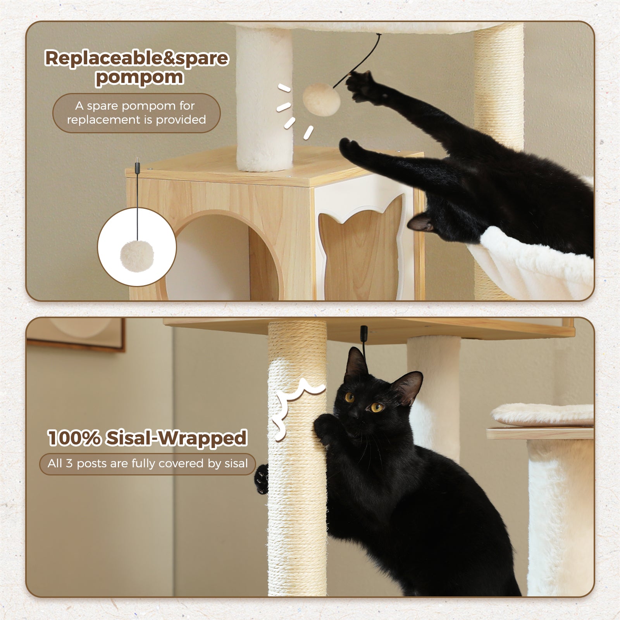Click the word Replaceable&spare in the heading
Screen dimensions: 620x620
pos(136,58)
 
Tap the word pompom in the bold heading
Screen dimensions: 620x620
pos(139,77)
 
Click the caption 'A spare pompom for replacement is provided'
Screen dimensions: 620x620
pos(136,113)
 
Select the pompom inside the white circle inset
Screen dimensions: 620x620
pos(137,255)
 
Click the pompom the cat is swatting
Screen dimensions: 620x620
pos(321,99)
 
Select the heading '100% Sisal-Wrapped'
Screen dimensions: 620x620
pos(147,438)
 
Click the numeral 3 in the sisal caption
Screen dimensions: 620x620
pos(69,463)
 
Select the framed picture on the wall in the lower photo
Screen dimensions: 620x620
pos(77,332)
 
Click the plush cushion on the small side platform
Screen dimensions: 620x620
pos(542,414)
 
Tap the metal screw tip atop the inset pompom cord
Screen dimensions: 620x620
pos(137,160)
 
